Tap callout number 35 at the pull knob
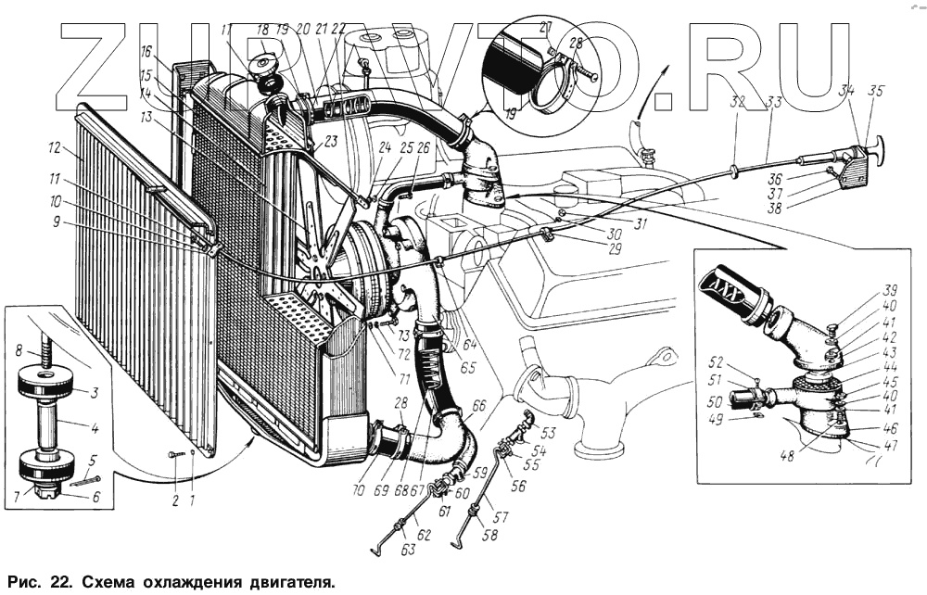pos(876,91)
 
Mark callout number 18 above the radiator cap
pos(262,31)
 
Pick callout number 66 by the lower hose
pos(478,405)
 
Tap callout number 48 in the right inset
pos(786,456)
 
